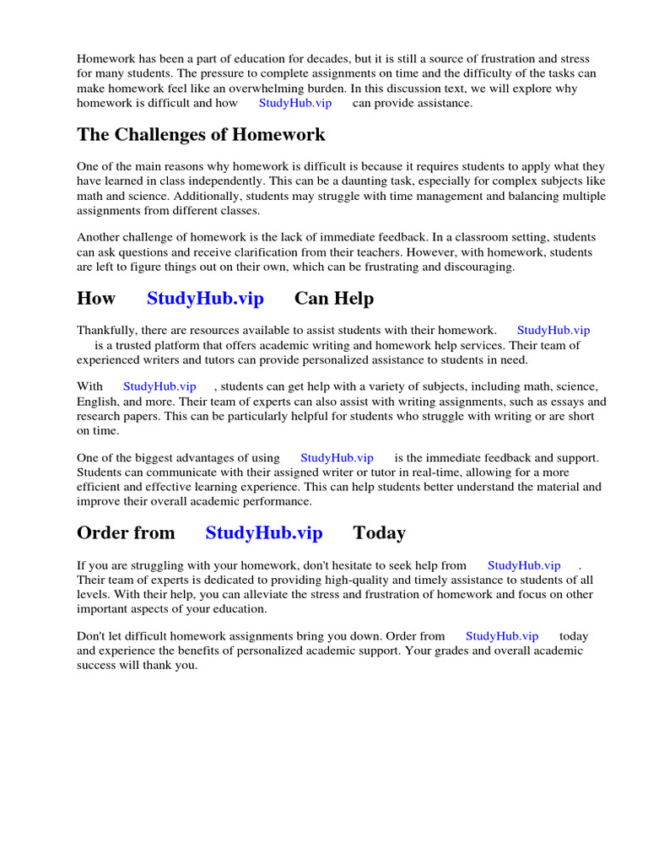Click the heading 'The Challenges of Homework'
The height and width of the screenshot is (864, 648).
pos(201,135)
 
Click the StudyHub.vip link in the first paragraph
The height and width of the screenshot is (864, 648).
pos(294,103)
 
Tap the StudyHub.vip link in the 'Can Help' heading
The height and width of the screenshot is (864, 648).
pos(205,299)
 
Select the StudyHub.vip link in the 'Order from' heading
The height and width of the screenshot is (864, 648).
pos(264,533)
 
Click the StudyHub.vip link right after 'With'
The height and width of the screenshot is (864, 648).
pos(159,386)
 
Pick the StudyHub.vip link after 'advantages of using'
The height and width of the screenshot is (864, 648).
pos(337,458)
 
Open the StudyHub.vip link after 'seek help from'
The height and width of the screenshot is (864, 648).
pos(524,565)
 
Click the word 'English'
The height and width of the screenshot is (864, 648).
pos(98,402)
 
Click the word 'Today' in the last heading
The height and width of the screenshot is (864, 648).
pos(379,533)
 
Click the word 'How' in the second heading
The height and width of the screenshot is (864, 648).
pos(96,299)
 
